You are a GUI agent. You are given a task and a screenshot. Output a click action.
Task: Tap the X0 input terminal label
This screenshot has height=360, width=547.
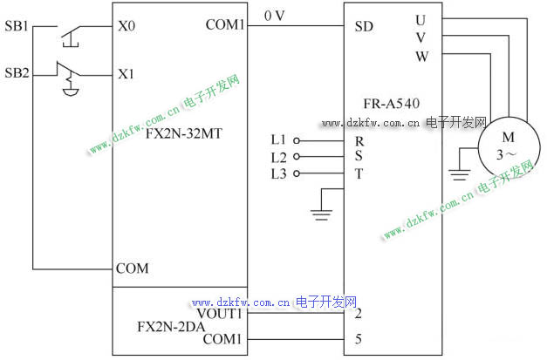pyautogui.click(x=126, y=26)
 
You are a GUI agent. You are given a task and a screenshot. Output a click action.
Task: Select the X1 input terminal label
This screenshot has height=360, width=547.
pyautogui.click(x=126, y=74)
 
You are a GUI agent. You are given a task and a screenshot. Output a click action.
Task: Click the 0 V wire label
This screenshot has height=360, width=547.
pyautogui.click(x=275, y=16)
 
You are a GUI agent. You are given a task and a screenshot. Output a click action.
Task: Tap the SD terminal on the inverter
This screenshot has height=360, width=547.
pyautogui.click(x=365, y=26)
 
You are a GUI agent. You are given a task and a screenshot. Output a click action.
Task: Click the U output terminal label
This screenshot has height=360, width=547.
pyautogui.click(x=421, y=19)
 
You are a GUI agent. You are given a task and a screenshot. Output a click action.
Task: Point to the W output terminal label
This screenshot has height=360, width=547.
pyautogui.click(x=421, y=57)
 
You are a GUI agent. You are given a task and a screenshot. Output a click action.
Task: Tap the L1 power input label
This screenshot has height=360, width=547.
pyautogui.click(x=278, y=139)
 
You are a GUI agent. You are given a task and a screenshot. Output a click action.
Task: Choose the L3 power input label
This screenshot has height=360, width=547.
pyautogui.click(x=278, y=173)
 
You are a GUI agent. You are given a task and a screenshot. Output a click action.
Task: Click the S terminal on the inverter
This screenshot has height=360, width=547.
pyautogui.click(x=359, y=156)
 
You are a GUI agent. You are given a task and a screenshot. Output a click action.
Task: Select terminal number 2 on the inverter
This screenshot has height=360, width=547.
pyautogui.click(x=359, y=313)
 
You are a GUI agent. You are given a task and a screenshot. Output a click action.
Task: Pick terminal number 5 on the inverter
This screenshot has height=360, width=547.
pyautogui.click(x=359, y=338)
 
